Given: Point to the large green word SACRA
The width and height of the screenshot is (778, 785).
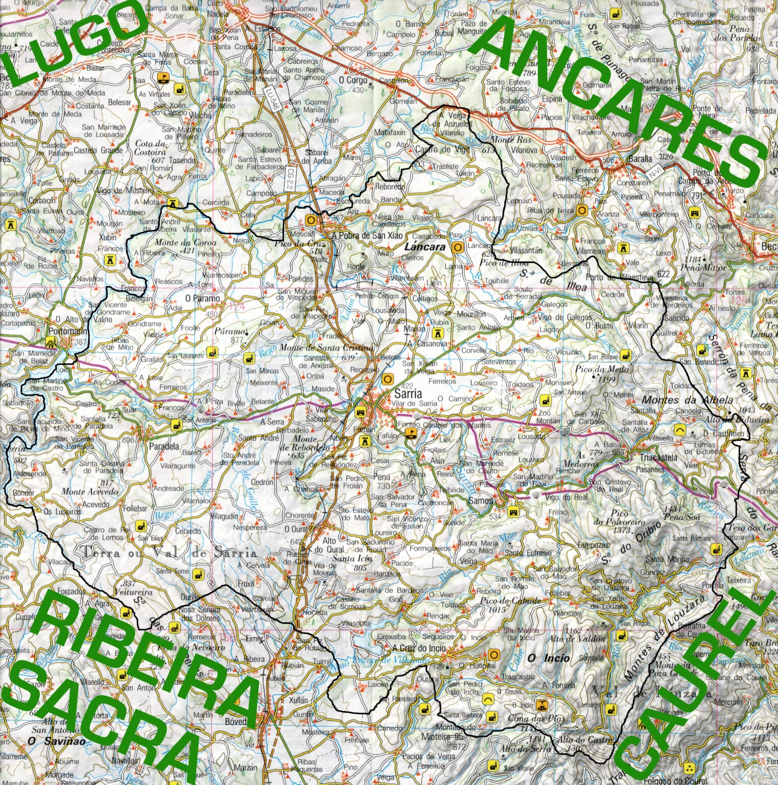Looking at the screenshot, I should (x=102, y=726).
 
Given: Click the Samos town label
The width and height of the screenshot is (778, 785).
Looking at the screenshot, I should (x=481, y=501).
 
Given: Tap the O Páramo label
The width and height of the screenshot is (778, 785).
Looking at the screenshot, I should (x=202, y=298).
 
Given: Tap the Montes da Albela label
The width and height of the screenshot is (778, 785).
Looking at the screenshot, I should (x=687, y=400).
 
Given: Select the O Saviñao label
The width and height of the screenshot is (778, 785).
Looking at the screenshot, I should (x=49, y=741).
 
